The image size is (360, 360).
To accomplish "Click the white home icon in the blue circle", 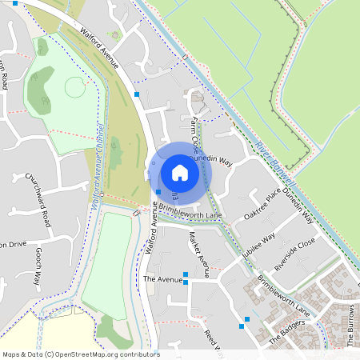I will coord(180,172).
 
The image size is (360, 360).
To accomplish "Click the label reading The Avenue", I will coord(158,279).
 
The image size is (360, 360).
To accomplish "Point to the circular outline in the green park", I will coord(74,86).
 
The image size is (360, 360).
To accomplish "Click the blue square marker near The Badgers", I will coord(246,326).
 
